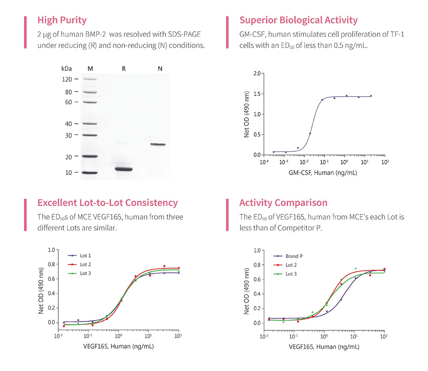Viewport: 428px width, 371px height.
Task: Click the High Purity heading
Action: tap(62, 20)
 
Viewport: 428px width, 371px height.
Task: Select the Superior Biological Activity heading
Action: tap(298, 20)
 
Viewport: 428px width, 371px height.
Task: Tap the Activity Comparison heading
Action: tap(283, 203)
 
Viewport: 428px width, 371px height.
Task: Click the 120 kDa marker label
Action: tap(67, 79)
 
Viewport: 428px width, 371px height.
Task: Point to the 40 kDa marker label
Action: tap(68, 124)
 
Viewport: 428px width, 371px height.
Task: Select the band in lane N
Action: tap(158, 145)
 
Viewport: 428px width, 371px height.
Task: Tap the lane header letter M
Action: tap(90, 68)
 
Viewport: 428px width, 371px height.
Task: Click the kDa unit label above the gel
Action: tap(66, 68)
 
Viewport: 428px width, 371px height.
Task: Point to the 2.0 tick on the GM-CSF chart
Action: tap(257, 74)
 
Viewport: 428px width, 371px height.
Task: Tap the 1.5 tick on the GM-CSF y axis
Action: tap(257, 94)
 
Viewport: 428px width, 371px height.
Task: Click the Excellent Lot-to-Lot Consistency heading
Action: tap(107, 203)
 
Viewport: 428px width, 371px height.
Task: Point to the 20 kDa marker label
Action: tap(68, 157)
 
